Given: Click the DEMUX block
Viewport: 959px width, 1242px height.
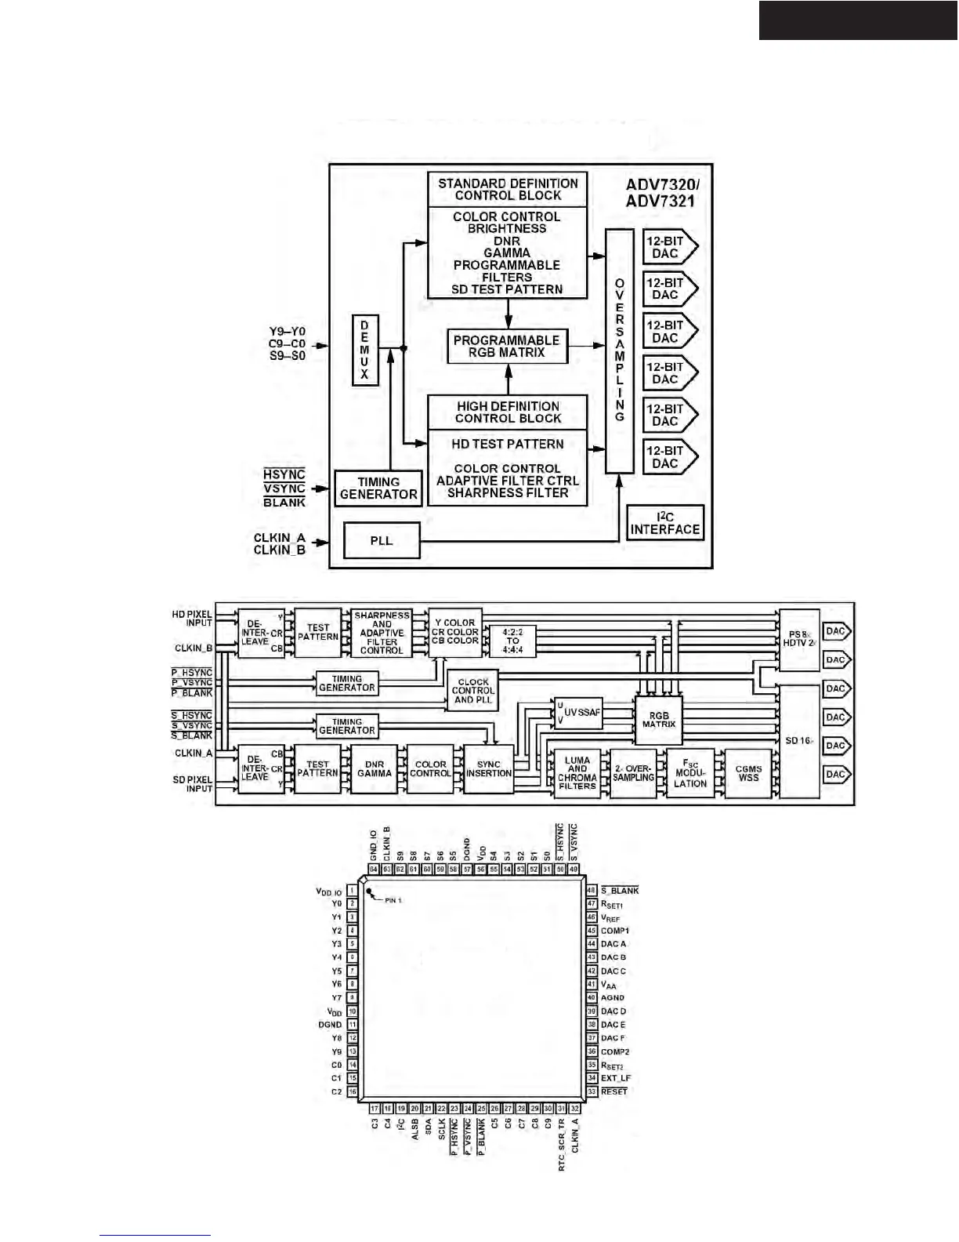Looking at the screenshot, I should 364,350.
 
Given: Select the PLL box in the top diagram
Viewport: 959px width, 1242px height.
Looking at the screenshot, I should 382,540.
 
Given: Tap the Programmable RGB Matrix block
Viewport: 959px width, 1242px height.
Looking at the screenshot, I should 507,346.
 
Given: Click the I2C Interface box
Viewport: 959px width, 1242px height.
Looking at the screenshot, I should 665,523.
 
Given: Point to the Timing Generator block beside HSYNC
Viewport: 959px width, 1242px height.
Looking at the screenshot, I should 378,488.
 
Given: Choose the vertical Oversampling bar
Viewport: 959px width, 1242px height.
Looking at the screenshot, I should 620,350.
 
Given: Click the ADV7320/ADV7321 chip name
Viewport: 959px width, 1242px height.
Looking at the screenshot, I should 662,193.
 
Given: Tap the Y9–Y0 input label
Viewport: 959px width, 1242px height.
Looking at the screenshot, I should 287,332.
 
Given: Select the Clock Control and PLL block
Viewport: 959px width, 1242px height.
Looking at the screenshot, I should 473,690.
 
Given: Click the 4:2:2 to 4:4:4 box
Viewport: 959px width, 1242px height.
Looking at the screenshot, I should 512,641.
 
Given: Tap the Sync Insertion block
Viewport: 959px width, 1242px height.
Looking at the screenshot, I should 489,768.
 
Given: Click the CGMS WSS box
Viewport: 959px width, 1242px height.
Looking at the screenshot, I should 748,773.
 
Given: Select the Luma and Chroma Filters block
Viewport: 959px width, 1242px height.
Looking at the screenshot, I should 577,773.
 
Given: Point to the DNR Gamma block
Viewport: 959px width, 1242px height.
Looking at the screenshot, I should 375,768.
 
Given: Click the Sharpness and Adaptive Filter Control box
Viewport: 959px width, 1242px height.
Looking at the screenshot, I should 382,633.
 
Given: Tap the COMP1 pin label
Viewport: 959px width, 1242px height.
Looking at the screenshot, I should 615,931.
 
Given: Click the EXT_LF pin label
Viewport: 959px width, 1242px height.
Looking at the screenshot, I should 616,1078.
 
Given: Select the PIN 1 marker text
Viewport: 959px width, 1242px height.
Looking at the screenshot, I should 393,900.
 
